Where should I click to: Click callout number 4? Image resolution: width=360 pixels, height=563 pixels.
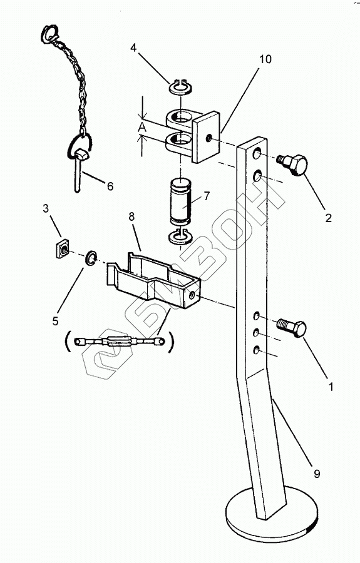pyautogui.click(x=133, y=48)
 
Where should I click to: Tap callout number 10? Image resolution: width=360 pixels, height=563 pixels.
pyautogui.click(x=265, y=59)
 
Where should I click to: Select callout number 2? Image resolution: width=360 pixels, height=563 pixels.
pyautogui.click(x=329, y=218)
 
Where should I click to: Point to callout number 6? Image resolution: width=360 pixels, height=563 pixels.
pyautogui.click(x=110, y=186)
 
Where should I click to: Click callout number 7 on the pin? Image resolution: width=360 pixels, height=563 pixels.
pyautogui.click(x=206, y=196)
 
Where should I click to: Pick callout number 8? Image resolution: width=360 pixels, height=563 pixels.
pyautogui.click(x=131, y=216)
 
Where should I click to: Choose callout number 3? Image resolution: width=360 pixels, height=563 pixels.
pyautogui.click(x=46, y=208)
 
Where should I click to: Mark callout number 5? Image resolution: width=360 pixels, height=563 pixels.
pyautogui.click(x=55, y=321)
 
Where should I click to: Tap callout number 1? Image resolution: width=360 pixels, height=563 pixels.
pyautogui.click(x=331, y=387)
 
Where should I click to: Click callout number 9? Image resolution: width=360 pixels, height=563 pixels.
pyautogui.click(x=317, y=474)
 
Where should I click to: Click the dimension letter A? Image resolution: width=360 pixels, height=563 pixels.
pyautogui.click(x=143, y=127)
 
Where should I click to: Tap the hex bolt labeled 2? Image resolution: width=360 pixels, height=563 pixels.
pyautogui.click(x=294, y=165)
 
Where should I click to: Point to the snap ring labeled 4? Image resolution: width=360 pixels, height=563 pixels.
pyautogui.click(x=181, y=87)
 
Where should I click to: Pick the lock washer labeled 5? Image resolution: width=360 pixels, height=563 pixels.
pyautogui.click(x=91, y=258)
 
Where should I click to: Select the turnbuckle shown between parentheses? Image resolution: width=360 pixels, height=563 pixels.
pyautogui.click(x=119, y=341)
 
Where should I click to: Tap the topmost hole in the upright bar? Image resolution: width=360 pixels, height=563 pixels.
pyautogui.click(x=257, y=155)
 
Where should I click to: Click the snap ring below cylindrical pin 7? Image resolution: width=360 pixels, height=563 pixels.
pyautogui.click(x=181, y=236)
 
